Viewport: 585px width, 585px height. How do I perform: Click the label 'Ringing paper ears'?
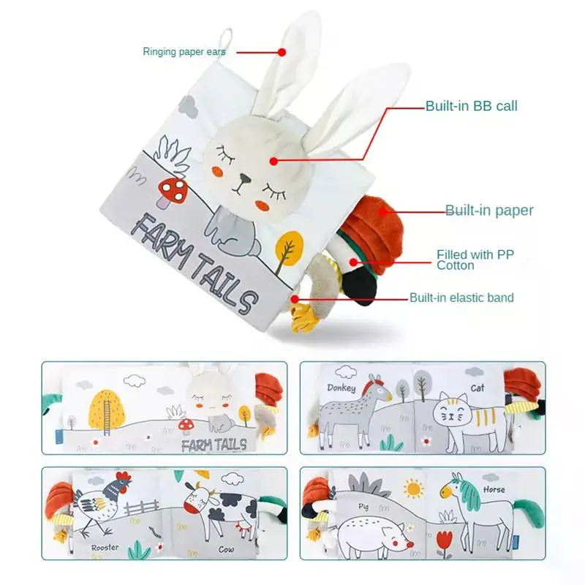click(x=184, y=51)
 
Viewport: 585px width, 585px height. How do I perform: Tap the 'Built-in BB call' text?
click(x=472, y=106)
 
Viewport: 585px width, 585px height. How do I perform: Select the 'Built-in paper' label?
click(x=489, y=211)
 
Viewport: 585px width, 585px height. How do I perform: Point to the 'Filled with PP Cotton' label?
click(x=475, y=260)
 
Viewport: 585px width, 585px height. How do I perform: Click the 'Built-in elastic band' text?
click(x=462, y=298)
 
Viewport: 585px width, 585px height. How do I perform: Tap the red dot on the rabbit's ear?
click(x=282, y=52)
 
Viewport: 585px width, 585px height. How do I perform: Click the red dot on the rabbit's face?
click(x=273, y=161)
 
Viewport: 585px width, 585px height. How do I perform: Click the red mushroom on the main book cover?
click(x=173, y=192)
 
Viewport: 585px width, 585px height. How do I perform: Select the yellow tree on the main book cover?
click(x=288, y=250)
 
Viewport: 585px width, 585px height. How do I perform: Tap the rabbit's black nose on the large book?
click(x=244, y=178)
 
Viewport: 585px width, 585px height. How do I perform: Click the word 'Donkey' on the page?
click(x=341, y=388)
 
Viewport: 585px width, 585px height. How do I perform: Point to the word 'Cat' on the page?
click(x=478, y=388)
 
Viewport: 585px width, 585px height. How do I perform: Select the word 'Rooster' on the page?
click(x=105, y=547)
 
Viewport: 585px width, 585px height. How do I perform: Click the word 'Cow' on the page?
click(x=227, y=550)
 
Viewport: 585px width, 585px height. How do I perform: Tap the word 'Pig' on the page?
click(x=363, y=507)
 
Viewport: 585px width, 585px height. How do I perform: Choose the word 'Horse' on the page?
click(x=494, y=489)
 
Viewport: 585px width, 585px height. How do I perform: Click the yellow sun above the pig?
click(x=413, y=488)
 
